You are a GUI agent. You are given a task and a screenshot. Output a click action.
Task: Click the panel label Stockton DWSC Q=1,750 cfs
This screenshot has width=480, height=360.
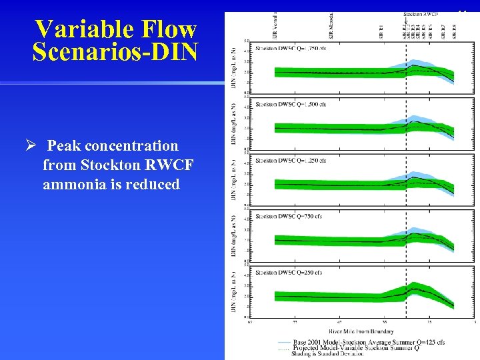pos(289,49)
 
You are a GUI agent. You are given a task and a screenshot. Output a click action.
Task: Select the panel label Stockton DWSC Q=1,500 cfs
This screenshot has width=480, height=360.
pos(289,105)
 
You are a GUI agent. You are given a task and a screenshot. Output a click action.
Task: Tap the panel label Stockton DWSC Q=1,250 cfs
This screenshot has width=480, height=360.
pos(289,161)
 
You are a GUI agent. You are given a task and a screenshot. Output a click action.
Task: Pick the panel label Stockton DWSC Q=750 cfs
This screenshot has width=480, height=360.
pos(287,217)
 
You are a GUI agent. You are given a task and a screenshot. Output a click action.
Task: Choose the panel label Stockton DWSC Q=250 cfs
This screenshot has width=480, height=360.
pos(287,272)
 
